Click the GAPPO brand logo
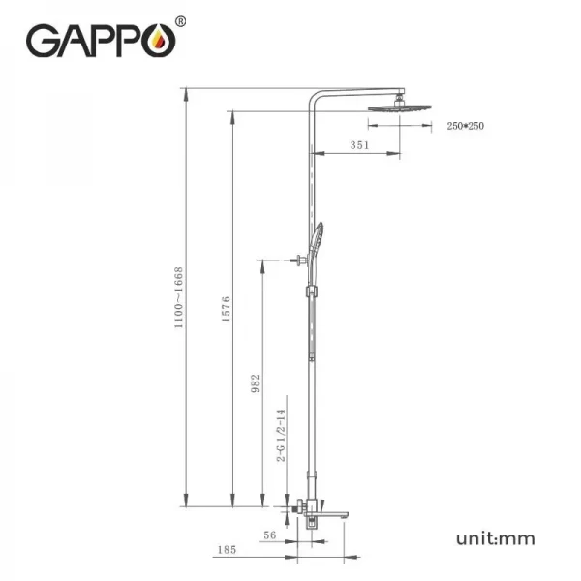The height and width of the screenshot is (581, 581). coord(99,42)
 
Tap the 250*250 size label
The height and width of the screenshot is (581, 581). coord(465,125)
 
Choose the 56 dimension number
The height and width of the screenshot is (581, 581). coord(269,534)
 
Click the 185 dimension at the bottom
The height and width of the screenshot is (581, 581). coord(227,550)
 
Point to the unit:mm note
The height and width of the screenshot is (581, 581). coord(495,537)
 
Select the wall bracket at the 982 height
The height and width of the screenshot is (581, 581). coord(294,260)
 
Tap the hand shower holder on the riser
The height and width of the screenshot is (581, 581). coord(310,290)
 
